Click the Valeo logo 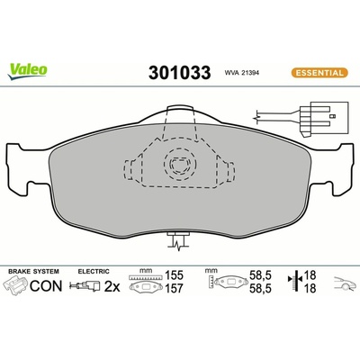(x=28, y=72)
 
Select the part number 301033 (x=179, y=73)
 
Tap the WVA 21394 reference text (x=242, y=73)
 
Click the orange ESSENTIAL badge (x=319, y=73)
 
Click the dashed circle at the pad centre (x=180, y=164)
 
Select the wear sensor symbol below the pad (x=179, y=241)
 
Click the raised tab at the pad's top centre (x=180, y=114)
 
